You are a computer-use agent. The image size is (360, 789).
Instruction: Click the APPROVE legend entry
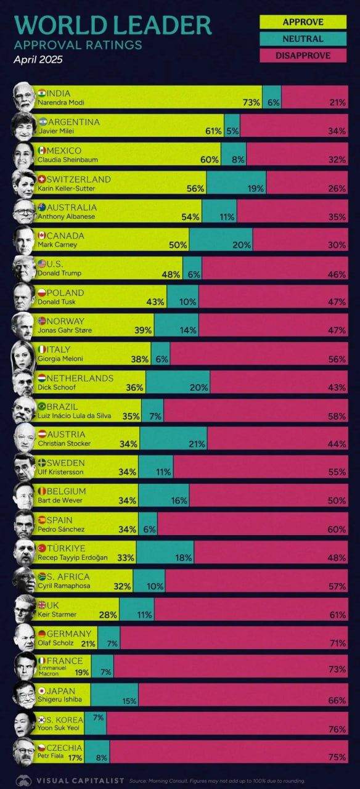point(303,22)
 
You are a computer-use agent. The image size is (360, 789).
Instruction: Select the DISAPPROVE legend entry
point(303,55)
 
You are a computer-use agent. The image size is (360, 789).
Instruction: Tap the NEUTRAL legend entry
point(303,39)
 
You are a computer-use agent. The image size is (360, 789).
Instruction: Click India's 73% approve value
point(251,102)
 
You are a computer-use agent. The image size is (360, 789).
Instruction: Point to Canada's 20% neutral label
point(242,245)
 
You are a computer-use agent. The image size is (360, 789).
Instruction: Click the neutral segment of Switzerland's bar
point(236,182)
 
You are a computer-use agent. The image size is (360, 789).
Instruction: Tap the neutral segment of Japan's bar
point(115,695)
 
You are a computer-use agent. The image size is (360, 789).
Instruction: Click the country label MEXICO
point(64,151)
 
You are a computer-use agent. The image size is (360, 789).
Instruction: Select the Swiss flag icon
point(42,179)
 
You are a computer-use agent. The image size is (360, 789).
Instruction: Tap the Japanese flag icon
point(42,691)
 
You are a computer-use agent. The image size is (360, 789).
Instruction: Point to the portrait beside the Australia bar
point(24,211)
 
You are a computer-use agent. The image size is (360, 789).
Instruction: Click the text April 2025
point(38,59)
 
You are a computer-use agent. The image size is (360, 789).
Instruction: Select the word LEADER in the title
point(164,25)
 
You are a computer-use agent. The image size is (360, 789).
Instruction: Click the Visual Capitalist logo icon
point(24,780)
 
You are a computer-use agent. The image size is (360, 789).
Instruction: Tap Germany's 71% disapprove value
point(337,643)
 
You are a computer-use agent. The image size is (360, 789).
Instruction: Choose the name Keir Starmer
point(57,615)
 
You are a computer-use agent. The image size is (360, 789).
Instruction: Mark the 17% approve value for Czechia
point(75,758)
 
